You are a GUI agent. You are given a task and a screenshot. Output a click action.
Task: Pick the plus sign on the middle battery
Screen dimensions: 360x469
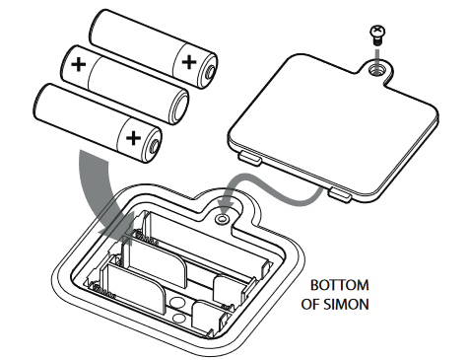78,67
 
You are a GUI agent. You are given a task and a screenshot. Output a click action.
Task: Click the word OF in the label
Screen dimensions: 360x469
309,305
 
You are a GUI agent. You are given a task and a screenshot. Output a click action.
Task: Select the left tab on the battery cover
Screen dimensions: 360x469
248,157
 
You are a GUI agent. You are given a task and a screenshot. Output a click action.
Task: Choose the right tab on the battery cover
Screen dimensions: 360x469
339,195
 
